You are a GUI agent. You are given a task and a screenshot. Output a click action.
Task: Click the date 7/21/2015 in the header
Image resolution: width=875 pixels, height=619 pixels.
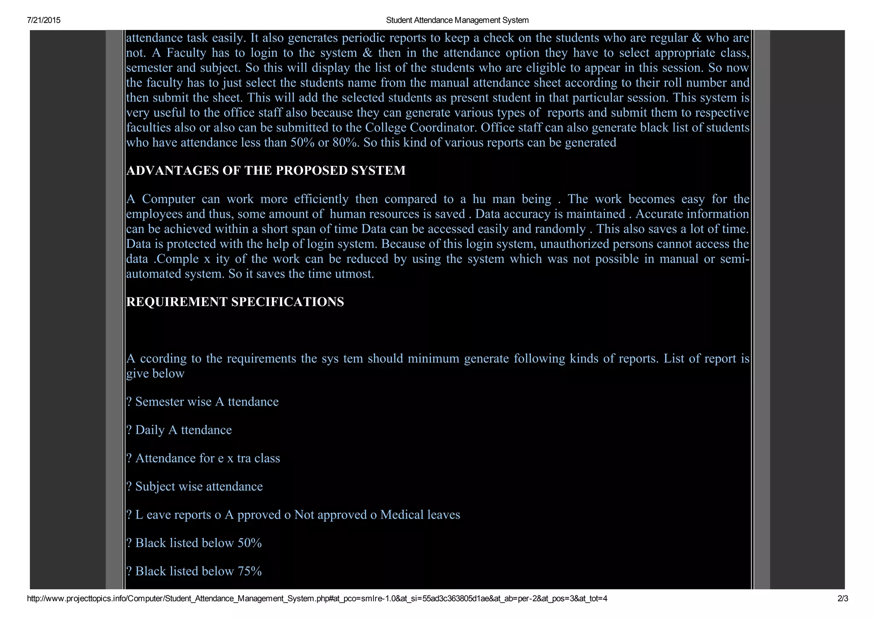tap(44, 20)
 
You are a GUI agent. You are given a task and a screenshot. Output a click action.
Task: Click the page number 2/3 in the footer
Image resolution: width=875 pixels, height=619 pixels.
tap(843, 598)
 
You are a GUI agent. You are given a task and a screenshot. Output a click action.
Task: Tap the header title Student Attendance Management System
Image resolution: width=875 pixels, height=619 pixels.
tap(457, 20)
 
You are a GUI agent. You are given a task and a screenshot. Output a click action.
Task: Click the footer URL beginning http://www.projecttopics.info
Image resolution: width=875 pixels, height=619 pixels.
tap(317, 598)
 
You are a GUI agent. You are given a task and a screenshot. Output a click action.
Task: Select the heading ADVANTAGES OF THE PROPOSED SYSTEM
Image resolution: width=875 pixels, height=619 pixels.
tap(266, 171)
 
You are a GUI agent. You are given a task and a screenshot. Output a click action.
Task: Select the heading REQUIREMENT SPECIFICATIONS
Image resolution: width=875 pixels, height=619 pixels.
tap(235, 302)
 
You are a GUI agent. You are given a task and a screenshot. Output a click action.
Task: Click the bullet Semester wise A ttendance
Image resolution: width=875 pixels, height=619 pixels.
tap(203, 402)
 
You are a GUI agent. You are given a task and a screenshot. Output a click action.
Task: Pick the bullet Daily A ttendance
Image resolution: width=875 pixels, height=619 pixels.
tap(179, 430)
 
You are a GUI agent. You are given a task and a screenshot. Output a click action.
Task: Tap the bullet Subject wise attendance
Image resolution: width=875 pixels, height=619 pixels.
tap(195, 486)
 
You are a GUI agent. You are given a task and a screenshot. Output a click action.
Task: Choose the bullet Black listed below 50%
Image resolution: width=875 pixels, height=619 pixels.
tap(194, 543)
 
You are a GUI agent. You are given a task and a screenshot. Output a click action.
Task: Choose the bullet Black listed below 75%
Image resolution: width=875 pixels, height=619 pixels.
tap(194, 571)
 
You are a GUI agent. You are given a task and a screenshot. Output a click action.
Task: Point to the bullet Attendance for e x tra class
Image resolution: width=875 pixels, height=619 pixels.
tap(203, 458)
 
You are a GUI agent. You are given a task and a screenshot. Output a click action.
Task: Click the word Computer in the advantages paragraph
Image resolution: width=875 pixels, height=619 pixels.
tap(168, 199)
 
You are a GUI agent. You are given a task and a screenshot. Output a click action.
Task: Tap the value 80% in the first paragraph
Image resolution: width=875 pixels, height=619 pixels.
tap(346, 143)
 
